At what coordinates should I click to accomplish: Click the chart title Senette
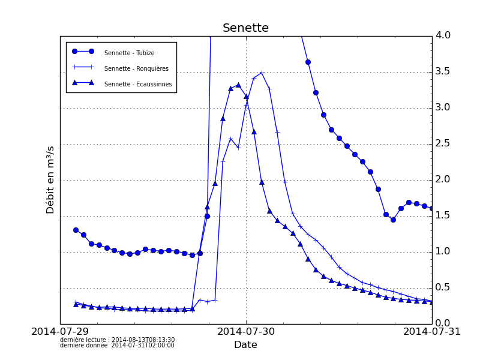click(x=245, y=28)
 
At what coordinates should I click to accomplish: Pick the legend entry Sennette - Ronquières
click(x=136, y=68)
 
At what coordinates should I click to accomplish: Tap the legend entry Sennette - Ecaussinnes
click(x=138, y=84)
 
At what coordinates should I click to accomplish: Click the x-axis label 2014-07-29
click(x=60, y=332)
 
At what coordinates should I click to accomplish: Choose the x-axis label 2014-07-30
click(x=246, y=332)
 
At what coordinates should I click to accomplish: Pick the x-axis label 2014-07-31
click(x=431, y=332)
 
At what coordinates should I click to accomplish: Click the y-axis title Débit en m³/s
click(x=51, y=179)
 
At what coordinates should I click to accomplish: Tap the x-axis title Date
click(x=245, y=345)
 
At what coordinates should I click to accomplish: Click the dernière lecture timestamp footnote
click(x=118, y=340)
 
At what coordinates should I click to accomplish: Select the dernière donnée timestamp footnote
click(x=118, y=346)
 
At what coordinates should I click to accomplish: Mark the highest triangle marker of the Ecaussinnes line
click(x=238, y=85)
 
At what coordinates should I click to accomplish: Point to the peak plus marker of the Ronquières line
click(x=262, y=73)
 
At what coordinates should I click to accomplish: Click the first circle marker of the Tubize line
click(x=76, y=230)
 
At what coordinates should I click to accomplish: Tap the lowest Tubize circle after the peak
click(x=393, y=220)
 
